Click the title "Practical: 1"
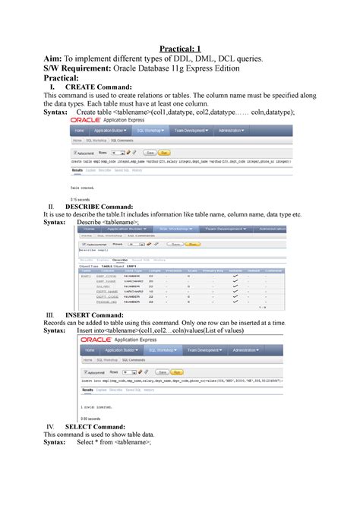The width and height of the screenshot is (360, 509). [x=179, y=49]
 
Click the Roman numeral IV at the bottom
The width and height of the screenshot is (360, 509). [x=52, y=426]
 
